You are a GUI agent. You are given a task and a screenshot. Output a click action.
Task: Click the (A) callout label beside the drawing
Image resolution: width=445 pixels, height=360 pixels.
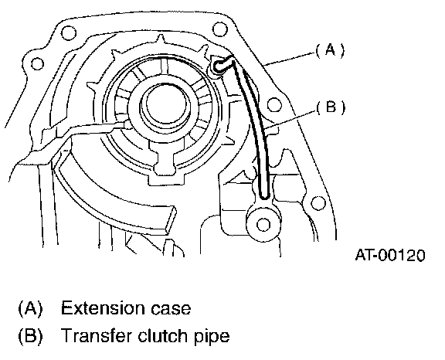[330, 50]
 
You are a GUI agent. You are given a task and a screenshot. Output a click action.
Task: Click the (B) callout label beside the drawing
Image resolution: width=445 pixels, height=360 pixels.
[331, 107]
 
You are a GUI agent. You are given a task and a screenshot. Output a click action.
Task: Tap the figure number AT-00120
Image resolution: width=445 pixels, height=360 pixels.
[390, 255]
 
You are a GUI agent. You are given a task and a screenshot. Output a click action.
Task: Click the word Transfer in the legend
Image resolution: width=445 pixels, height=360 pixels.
[97, 335]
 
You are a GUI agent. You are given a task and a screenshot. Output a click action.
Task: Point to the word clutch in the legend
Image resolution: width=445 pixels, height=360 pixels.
[164, 335]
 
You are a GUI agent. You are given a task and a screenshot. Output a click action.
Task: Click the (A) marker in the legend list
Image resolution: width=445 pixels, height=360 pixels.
[30, 308]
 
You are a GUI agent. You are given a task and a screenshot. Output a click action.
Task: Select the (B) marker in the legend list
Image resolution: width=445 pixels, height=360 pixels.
[30, 335]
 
